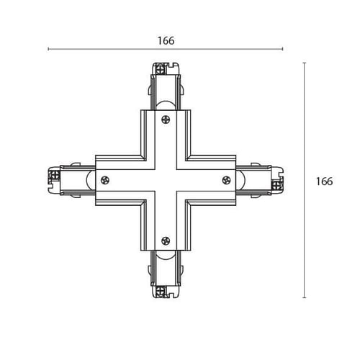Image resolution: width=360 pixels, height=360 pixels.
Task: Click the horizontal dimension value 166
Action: point(166,40)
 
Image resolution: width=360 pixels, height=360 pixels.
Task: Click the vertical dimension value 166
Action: point(324,181)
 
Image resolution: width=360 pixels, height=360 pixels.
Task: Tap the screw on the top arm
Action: point(166,120)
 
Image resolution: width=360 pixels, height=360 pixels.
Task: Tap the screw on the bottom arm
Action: point(166,240)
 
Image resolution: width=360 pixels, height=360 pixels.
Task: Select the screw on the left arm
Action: point(105,180)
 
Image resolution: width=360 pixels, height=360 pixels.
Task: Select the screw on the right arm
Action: point(227,180)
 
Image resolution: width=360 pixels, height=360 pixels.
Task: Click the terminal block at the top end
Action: point(160,70)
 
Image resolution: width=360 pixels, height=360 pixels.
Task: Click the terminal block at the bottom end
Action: point(160,291)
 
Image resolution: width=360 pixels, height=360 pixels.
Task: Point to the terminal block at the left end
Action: point(55,174)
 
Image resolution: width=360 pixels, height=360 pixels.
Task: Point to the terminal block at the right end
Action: point(276,186)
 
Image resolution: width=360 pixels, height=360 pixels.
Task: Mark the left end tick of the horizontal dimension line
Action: point(48,49)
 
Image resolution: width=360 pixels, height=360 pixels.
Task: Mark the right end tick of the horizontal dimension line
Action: point(283,49)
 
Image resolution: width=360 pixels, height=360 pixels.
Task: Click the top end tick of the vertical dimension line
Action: point(305,63)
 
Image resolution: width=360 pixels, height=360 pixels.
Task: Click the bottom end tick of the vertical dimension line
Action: point(305,297)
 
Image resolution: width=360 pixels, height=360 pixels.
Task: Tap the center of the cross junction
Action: point(166,180)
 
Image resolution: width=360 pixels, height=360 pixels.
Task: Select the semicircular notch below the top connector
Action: point(166,106)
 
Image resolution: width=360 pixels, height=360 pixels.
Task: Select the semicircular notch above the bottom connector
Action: point(166,255)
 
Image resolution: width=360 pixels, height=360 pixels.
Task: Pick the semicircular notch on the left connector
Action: point(91,180)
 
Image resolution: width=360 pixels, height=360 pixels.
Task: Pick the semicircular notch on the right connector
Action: point(240,180)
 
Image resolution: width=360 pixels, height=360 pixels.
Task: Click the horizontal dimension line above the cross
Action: point(166,49)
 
